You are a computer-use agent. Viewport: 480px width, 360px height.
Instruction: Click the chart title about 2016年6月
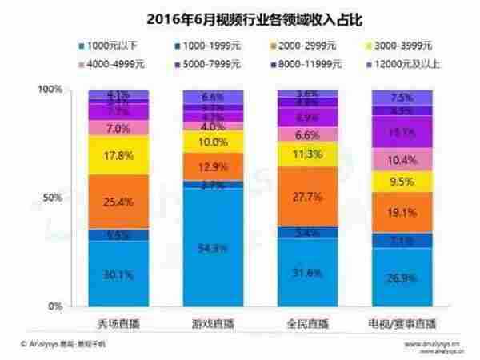[241, 15]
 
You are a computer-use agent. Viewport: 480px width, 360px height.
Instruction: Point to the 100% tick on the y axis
[50, 90]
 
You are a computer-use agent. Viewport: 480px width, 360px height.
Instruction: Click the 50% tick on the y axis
[54, 198]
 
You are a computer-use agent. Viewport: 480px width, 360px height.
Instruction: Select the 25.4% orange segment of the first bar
[118, 202]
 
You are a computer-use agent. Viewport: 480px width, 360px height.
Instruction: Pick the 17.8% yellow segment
[118, 155]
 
